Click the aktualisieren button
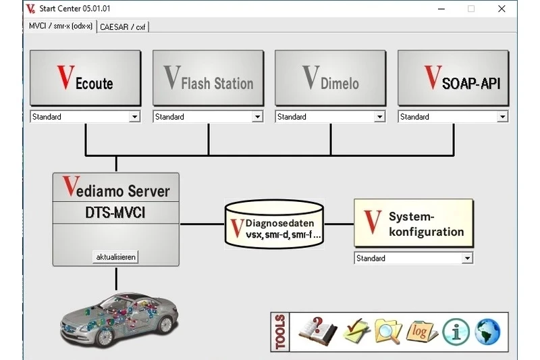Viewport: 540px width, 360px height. [x=116, y=257]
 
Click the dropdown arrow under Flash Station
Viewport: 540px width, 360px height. [x=257, y=117]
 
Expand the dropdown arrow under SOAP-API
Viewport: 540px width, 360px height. [x=502, y=117]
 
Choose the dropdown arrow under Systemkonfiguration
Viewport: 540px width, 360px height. [x=467, y=258]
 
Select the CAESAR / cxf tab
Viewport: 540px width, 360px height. [x=124, y=27]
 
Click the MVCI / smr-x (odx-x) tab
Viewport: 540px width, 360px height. [x=61, y=26]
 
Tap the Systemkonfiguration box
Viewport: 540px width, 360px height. [x=413, y=224]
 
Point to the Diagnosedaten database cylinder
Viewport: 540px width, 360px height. [x=273, y=224]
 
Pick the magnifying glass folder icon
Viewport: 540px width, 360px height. [x=388, y=331]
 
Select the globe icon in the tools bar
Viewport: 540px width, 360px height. [x=487, y=331]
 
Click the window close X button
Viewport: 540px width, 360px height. [x=502, y=9]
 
